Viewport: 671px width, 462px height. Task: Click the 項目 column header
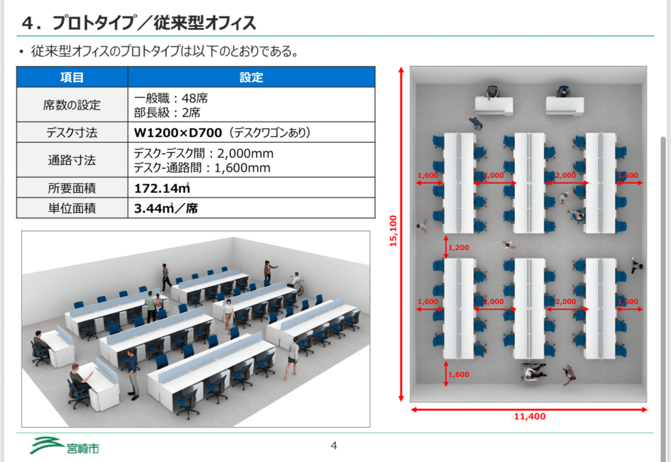coord(72,77)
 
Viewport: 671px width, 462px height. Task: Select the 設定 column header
coord(251,77)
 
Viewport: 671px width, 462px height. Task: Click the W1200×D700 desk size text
coord(178,133)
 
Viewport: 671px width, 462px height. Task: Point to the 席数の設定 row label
coord(72,105)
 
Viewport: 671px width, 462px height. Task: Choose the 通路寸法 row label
coord(72,160)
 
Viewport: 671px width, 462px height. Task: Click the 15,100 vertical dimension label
coord(393,231)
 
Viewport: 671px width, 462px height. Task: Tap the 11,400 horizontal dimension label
coord(530,417)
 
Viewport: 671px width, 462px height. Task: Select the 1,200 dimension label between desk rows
coord(459,248)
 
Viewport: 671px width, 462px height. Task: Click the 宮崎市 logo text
coord(83,448)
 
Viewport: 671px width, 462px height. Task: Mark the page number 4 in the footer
coord(334,446)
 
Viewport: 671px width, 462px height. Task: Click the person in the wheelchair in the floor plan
coord(533,371)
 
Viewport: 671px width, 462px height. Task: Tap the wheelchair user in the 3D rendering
coord(296,283)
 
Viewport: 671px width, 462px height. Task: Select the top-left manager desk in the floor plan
coord(494,106)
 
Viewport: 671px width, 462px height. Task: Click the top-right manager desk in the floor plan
coord(565,106)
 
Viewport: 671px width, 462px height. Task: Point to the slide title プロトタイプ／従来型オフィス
coord(154,23)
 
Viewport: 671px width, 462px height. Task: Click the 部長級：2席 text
coord(167,112)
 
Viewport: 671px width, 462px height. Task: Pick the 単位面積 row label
coord(72,208)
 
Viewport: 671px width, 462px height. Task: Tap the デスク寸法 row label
coord(72,133)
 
